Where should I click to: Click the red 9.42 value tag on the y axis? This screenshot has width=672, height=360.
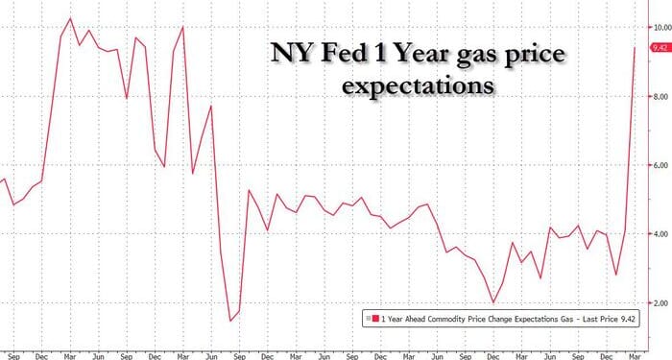660,47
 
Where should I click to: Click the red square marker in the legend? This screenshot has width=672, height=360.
369,318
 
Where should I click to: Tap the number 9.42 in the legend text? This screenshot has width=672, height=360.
629,318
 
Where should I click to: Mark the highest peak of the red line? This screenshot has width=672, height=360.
70,17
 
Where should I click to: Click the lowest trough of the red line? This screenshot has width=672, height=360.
231,321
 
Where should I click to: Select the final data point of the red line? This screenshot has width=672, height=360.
636,47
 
